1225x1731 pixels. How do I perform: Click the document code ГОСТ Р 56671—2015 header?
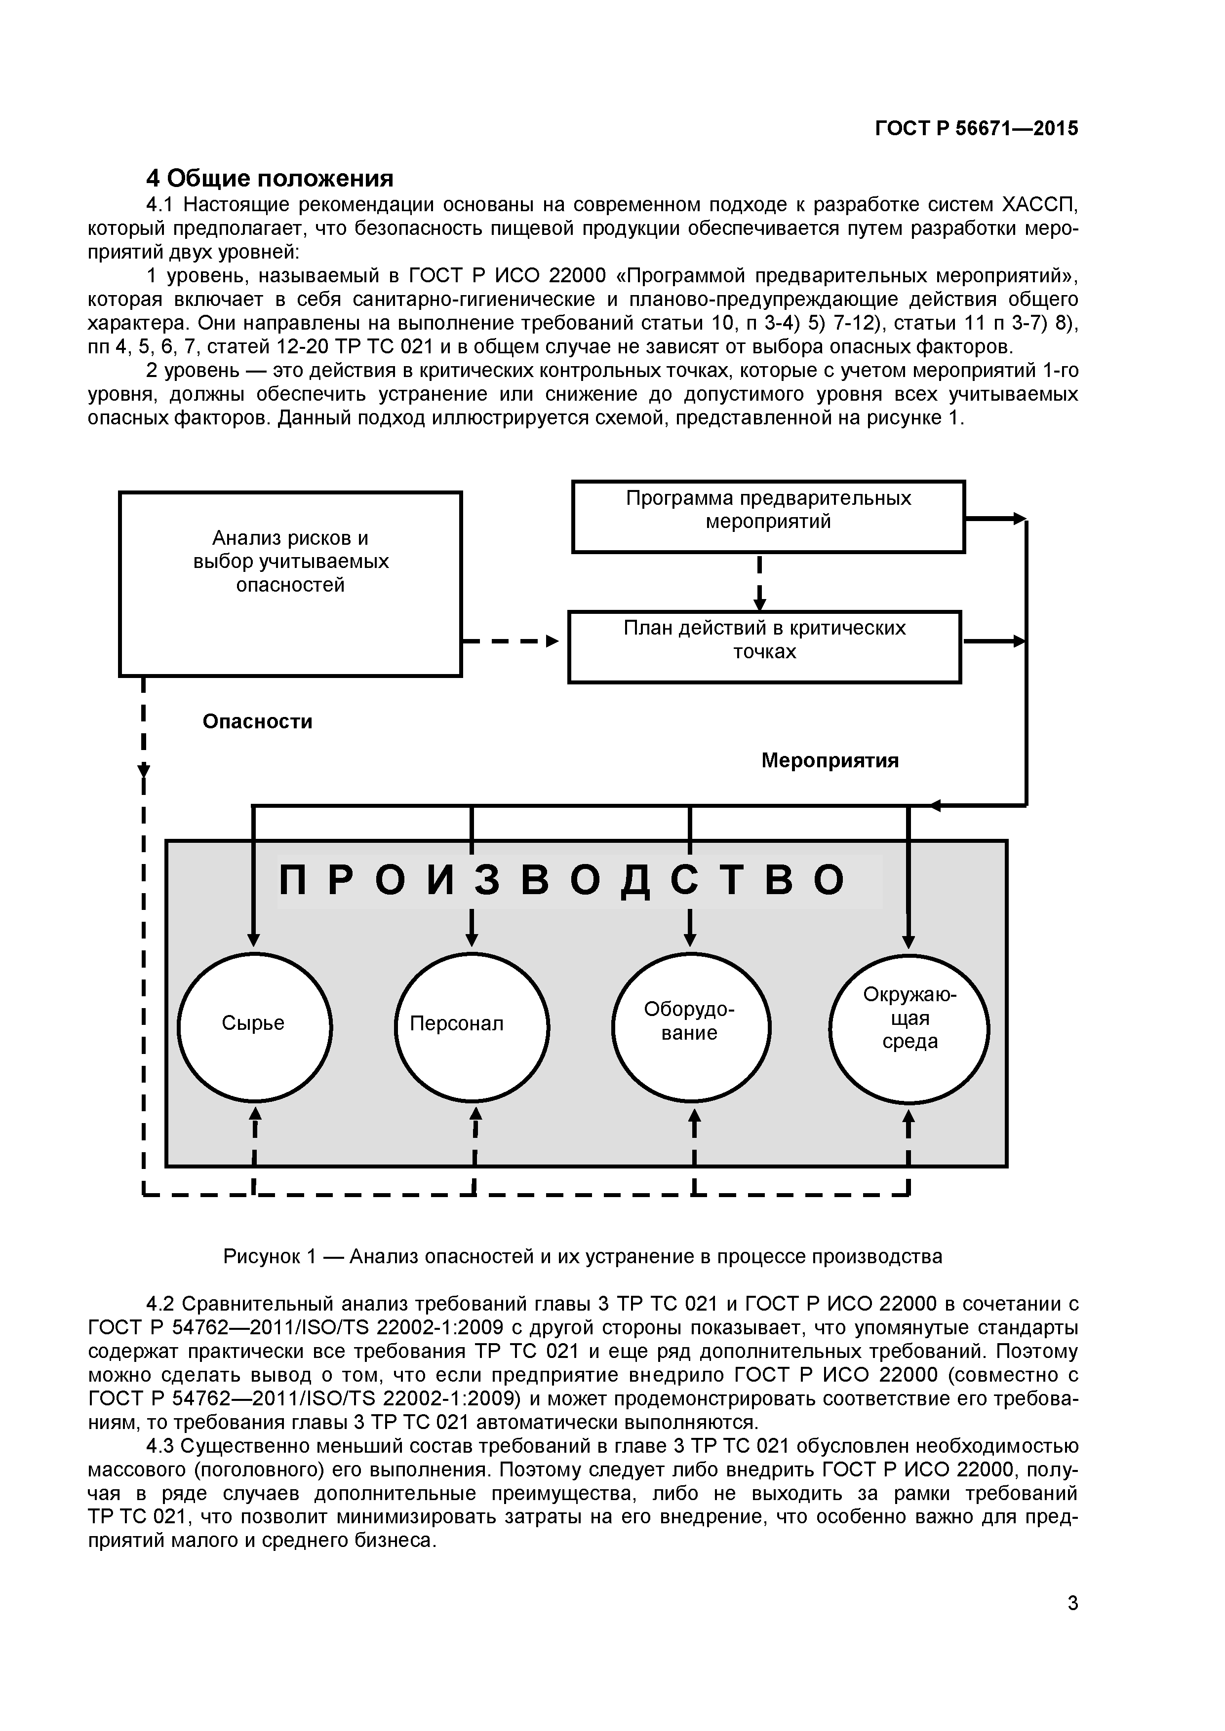(976, 129)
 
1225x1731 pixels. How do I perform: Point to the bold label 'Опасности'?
(257, 721)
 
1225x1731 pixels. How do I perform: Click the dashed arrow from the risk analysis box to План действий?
(513, 641)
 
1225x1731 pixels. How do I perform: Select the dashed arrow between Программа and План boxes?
(760, 582)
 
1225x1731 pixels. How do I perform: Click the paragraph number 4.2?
(160, 1304)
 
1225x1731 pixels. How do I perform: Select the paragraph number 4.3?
(160, 1446)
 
